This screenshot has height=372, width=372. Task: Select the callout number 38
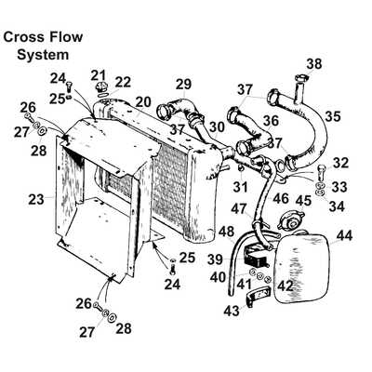[x=314, y=63]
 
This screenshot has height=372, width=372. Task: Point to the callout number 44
[x=345, y=236]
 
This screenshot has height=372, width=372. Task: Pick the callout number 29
[x=183, y=85]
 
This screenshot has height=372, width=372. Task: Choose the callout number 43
[x=232, y=310]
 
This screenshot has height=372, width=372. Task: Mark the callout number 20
[x=143, y=100]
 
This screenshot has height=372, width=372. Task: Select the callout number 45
[x=302, y=200]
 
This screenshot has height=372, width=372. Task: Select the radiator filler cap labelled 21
[x=99, y=91]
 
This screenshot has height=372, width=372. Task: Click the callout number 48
[x=226, y=231]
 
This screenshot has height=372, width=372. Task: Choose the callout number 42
[x=285, y=286]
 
